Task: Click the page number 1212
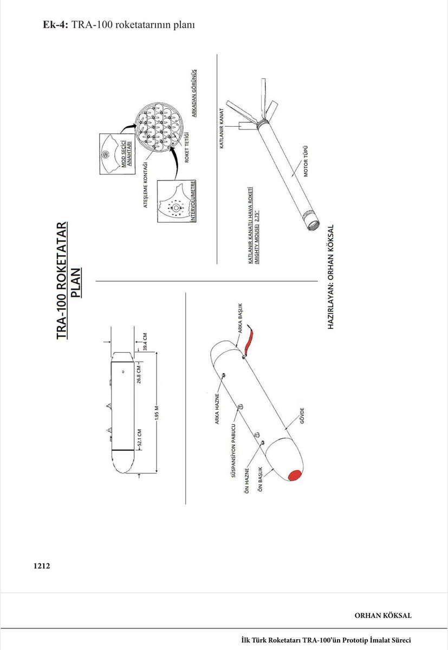tap(41, 566)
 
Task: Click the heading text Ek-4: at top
tap(55, 25)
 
